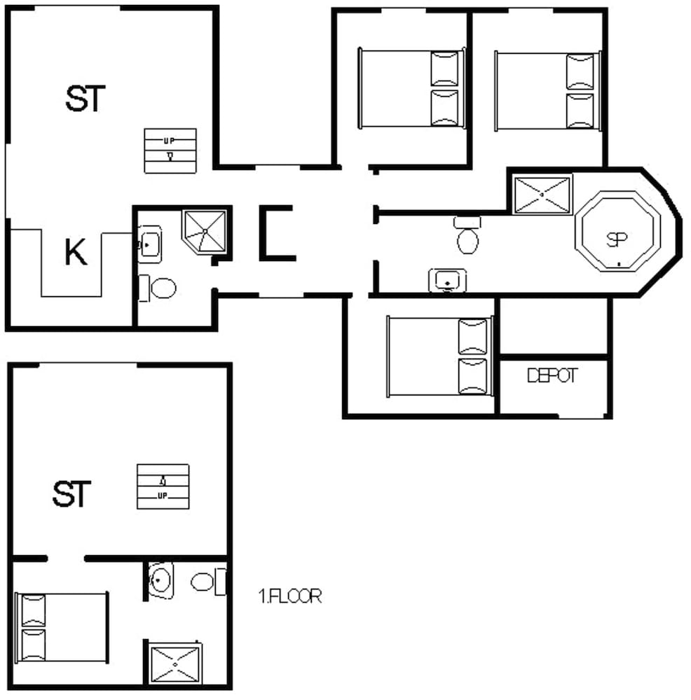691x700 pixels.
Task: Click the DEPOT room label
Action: click(x=552, y=376)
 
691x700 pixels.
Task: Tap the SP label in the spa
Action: click(x=616, y=240)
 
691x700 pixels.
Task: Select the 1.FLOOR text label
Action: click(x=290, y=597)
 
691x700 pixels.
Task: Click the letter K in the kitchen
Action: click(x=76, y=253)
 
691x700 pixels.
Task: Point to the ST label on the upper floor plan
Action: click(x=85, y=99)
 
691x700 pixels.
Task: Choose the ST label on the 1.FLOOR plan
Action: click(x=71, y=494)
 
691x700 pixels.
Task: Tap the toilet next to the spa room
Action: click(x=467, y=236)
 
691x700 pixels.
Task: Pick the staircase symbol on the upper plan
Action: click(x=170, y=150)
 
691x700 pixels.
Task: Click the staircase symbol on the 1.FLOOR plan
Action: click(x=163, y=486)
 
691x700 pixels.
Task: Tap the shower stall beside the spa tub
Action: click(x=543, y=195)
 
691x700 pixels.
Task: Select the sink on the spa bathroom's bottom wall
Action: click(x=447, y=280)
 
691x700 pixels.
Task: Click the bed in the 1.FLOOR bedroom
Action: click(x=62, y=628)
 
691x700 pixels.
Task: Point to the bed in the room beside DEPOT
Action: click(x=439, y=356)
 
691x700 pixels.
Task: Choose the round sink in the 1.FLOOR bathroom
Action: click(x=161, y=580)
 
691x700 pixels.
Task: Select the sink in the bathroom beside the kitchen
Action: click(x=149, y=244)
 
